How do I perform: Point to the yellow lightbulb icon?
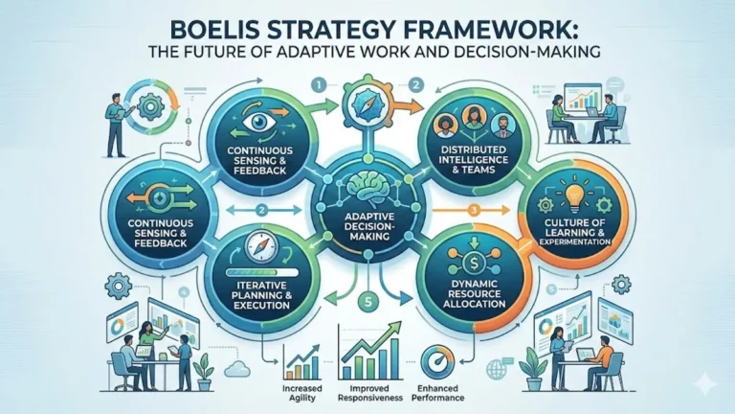(574, 199)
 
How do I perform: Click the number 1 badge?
(319, 85)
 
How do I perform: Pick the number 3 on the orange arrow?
(474, 210)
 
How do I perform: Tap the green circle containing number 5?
(367, 301)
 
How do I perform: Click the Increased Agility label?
(301, 393)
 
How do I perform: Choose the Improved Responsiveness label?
(370, 393)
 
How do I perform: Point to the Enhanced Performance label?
(440, 393)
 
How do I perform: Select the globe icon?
(495, 369)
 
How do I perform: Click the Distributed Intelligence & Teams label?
(474, 159)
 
